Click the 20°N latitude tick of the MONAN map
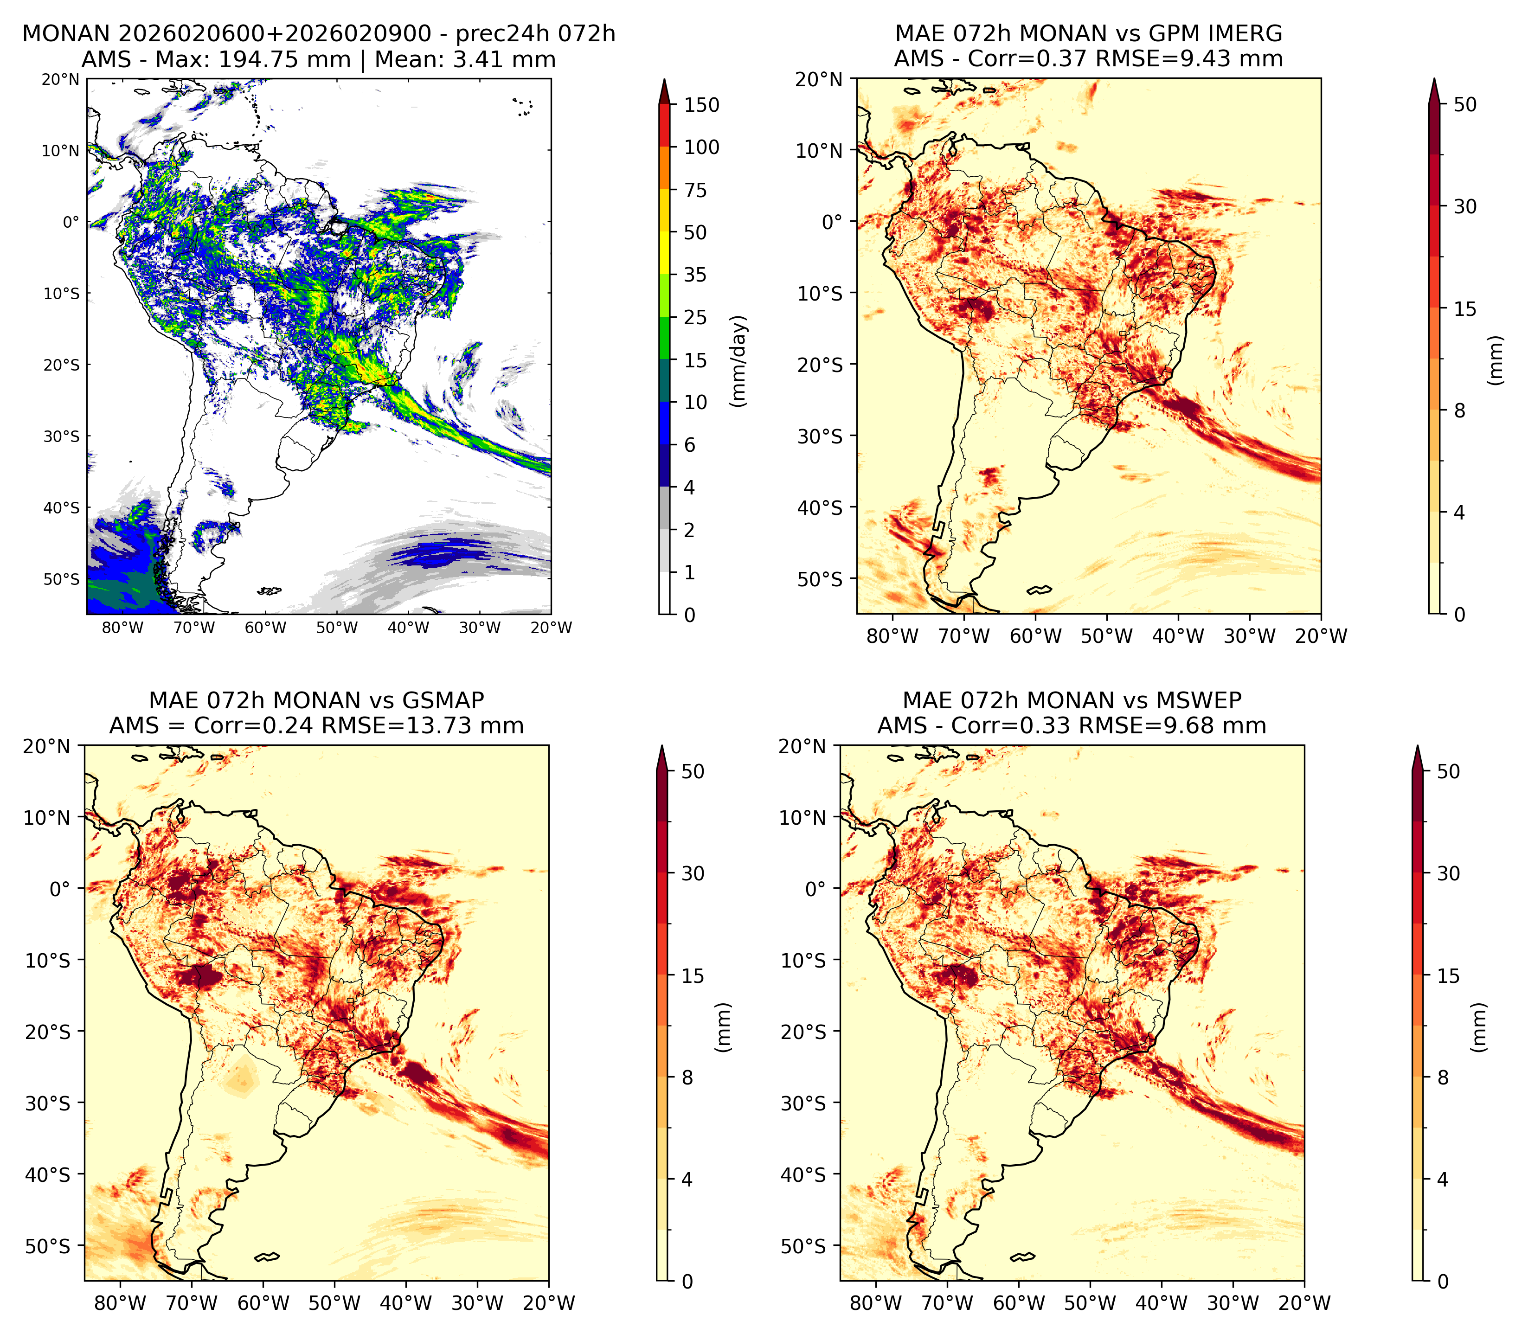click(59, 79)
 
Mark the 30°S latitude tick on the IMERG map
click(820, 436)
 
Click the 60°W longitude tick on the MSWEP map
click(1019, 1303)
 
